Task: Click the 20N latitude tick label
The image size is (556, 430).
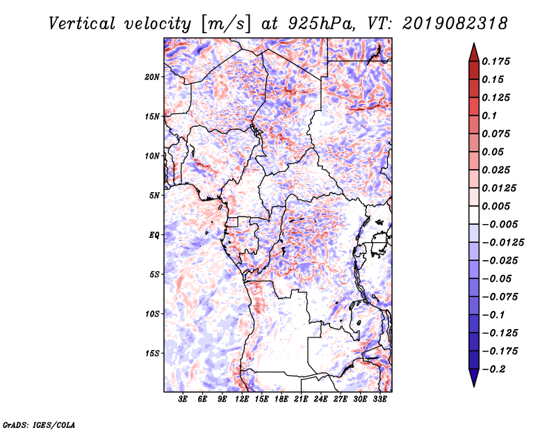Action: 152,77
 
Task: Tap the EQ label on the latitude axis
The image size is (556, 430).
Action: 154,235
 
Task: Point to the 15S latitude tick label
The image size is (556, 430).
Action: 152,353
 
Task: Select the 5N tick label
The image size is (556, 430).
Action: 154,196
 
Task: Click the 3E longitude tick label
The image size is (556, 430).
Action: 183,399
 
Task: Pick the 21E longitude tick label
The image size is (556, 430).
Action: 301,399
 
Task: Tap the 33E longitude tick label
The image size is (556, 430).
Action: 379,399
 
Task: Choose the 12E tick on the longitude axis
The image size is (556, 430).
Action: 242,399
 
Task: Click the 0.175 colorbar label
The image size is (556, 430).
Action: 496,61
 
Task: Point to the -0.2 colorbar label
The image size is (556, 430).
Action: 494,369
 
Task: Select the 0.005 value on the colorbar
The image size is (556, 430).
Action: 496,206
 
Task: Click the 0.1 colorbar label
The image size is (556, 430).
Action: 489,116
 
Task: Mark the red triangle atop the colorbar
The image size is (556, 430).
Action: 474,52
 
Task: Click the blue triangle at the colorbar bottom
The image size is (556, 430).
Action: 474,378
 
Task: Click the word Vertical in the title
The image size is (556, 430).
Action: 82,24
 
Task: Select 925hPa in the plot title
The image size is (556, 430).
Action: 322,24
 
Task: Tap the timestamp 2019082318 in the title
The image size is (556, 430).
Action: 455,24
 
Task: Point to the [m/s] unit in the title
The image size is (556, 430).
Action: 226,24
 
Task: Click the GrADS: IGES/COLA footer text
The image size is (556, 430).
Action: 39,424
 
